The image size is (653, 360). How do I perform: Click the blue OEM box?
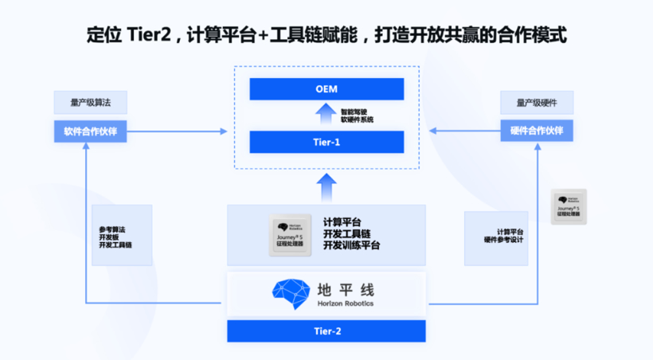[x=326, y=89]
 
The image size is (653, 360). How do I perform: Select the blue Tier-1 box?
[x=326, y=142]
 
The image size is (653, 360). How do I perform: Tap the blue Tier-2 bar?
[x=326, y=331]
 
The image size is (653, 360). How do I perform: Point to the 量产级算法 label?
[x=90, y=103]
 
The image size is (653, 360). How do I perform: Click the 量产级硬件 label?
[x=537, y=103]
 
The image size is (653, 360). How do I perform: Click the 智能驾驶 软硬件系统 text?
[x=357, y=115]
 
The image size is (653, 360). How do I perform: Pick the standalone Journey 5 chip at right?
[x=569, y=206]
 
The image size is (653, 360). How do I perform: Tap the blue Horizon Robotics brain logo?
[x=287, y=292]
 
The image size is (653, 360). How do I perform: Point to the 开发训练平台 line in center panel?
[x=351, y=246]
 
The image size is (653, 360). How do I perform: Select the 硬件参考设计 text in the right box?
[x=503, y=239]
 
